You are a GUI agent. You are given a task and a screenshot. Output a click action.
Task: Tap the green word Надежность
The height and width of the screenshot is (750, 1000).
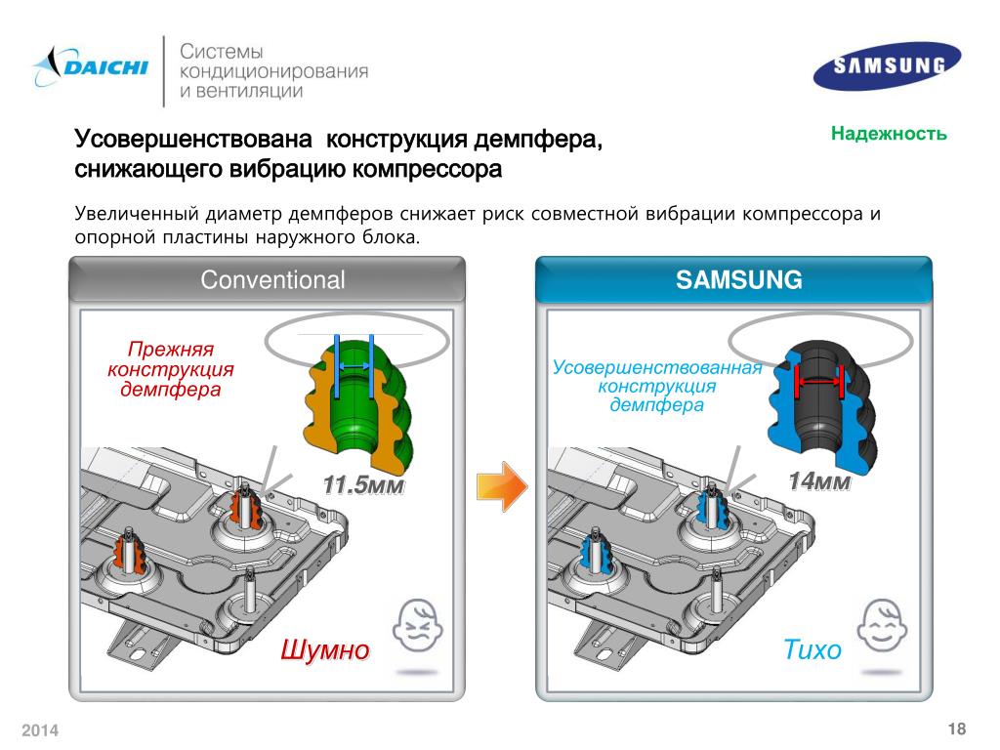tap(889, 133)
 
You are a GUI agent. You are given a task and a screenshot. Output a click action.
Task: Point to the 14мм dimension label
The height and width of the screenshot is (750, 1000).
tap(818, 481)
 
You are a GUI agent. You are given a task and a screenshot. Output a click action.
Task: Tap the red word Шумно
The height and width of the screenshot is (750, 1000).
tap(324, 650)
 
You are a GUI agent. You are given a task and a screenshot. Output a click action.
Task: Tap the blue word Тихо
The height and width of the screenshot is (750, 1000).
tap(812, 650)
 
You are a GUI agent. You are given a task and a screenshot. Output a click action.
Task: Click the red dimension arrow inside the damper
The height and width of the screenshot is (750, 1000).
tap(819, 382)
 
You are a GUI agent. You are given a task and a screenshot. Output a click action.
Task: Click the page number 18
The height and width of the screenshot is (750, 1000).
tap(956, 729)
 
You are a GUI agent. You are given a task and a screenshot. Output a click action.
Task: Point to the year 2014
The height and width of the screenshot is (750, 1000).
tap(41, 731)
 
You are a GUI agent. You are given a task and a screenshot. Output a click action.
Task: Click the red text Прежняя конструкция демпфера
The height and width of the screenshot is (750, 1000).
tap(171, 370)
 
